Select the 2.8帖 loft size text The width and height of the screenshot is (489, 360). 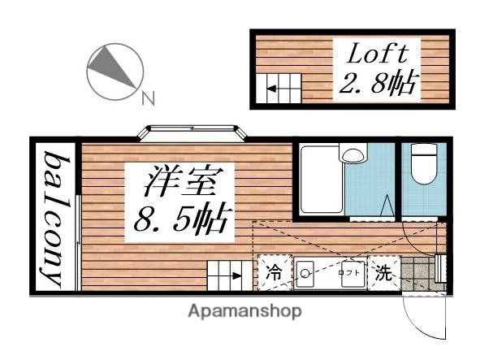tap(379, 83)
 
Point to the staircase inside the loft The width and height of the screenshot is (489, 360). tap(281, 85)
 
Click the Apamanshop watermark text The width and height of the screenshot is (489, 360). tap(244, 310)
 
